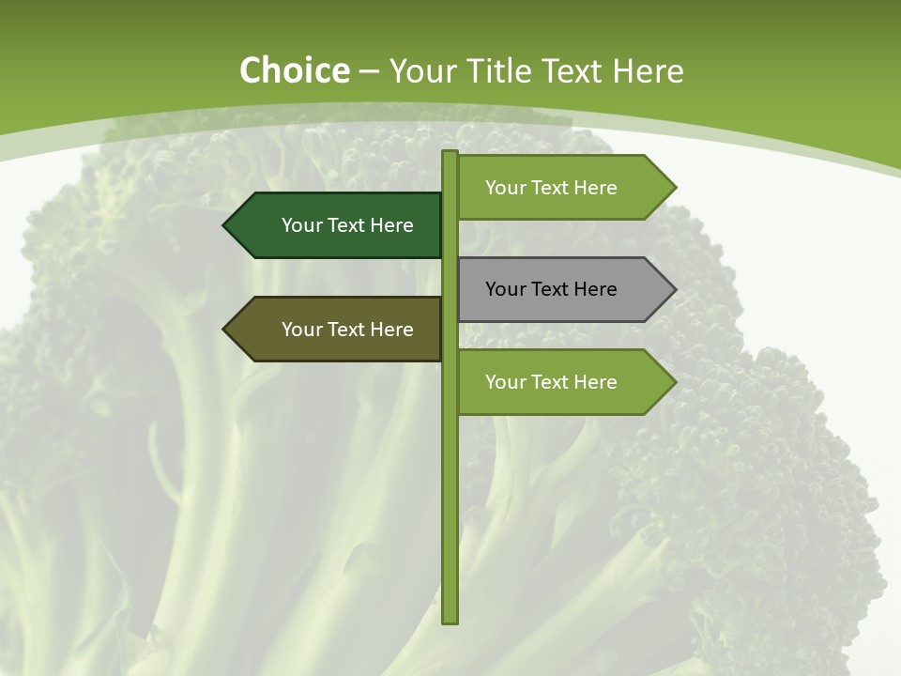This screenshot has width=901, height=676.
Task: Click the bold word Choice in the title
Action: (294, 71)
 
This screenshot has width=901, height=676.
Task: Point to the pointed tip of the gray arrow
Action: (674, 289)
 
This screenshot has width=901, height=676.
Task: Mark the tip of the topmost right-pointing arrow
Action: (674, 188)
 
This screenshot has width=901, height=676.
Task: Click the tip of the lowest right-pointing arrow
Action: (674, 382)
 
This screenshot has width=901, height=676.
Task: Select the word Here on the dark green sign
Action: (391, 225)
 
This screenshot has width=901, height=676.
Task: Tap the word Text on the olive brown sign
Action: (346, 330)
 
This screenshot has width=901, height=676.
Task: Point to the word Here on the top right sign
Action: (595, 188)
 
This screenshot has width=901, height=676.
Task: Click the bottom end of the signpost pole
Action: (450, 620)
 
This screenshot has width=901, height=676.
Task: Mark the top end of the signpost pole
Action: (450, 154)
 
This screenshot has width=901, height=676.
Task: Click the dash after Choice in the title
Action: (369, 72)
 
